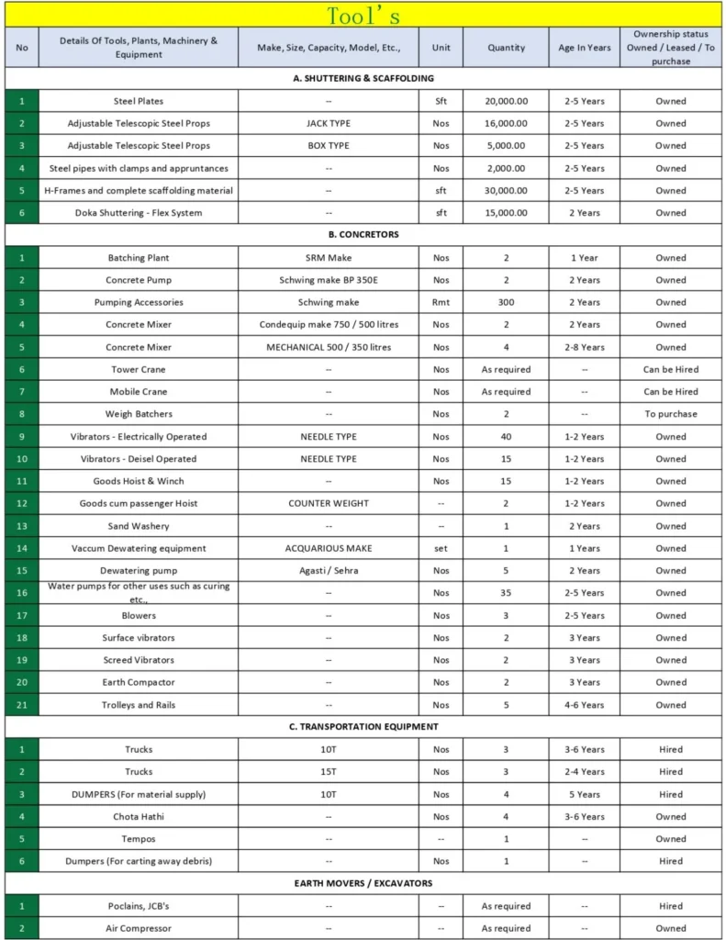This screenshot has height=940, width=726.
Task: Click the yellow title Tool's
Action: point(363,16)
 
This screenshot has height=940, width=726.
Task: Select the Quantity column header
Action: point(506,48)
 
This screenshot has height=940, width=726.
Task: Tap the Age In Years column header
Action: point(585,48)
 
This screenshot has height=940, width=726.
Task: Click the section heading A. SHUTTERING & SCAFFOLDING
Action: point(363,79)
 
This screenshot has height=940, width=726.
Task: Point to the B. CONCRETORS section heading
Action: point(363,235)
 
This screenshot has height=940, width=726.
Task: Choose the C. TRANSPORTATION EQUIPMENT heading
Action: point(363,727)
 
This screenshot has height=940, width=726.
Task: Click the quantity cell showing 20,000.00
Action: point(506,101)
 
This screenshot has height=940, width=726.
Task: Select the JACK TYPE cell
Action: point(329,123)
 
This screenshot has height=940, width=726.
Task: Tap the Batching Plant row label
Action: point(139,258)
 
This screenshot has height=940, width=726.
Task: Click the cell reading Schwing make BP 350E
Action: point(329,280)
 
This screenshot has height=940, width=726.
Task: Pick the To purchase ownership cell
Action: point(670,414)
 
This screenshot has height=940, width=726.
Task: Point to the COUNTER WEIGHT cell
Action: point(329,504)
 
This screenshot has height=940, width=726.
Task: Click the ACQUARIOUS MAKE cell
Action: point(329,548)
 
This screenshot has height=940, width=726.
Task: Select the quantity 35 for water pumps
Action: point(506,593)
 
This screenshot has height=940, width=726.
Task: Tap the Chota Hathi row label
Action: point(139,816)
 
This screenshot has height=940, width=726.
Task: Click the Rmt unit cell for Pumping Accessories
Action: point(441,302)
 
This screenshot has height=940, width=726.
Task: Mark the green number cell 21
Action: point(22,705)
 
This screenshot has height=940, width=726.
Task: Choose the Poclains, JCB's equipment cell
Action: point(139,906)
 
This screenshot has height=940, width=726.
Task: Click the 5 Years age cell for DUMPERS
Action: point(585,794)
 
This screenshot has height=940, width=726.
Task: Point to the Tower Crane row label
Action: point(139,369)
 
